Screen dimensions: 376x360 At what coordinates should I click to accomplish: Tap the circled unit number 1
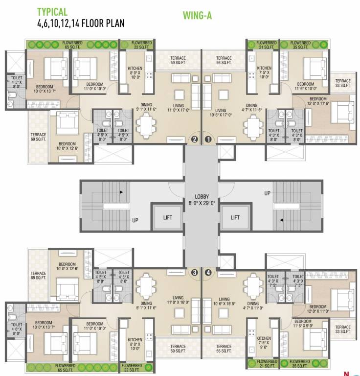click(x=209, y=139)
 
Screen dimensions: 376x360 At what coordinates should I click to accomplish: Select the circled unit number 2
click(x=194, y=139)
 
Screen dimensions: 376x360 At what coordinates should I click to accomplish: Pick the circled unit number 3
click(x=194, y=273)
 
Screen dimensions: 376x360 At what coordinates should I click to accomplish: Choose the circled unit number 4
click(x=209, y=273)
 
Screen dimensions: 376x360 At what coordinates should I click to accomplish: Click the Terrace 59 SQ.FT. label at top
click(x=179, y=60)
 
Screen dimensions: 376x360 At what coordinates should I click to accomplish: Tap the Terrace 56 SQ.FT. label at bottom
click(x=224, y=349)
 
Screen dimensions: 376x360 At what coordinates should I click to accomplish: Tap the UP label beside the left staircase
click(x=135, y=220)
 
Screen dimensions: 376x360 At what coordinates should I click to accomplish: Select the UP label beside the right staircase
click(x=267, y=193)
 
